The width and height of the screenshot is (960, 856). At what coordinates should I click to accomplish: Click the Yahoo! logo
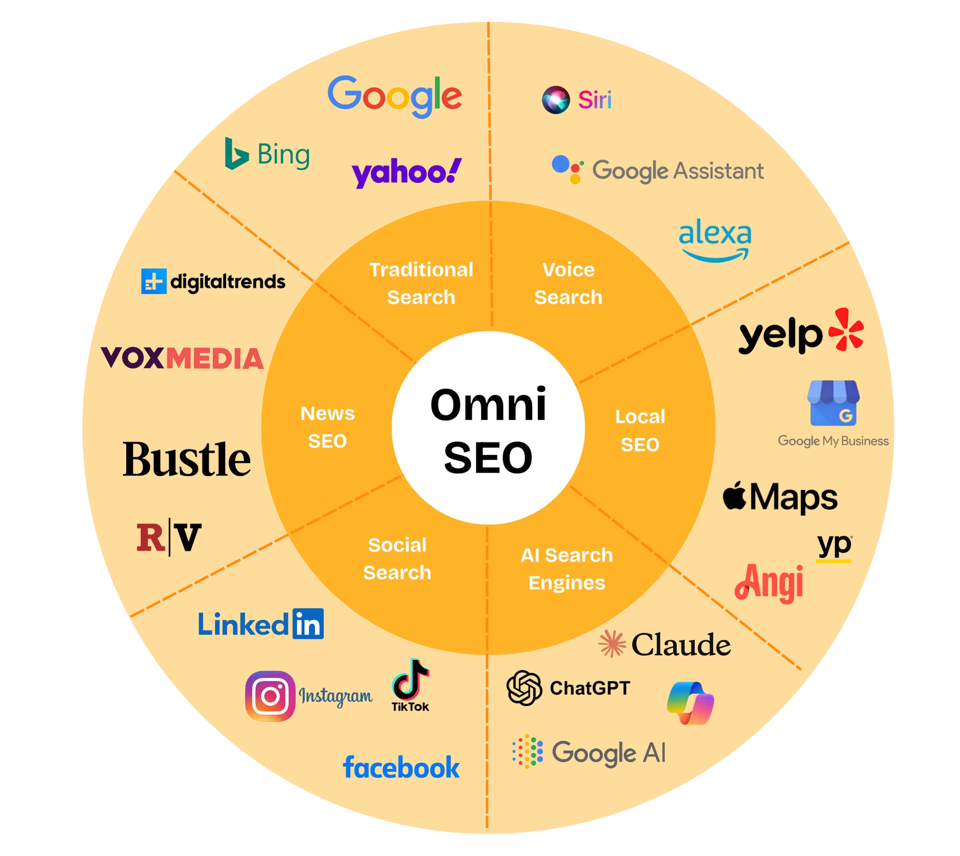406,173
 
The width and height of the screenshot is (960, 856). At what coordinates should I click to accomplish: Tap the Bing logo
267,154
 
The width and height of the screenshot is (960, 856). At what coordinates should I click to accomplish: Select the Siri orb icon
556,100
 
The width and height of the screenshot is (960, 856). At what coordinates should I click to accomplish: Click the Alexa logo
714,239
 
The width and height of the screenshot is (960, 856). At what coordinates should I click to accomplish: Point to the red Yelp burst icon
846,330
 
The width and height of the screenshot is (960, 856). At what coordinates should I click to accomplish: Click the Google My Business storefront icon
833,403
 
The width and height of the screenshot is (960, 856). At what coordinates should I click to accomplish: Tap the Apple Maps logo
780,497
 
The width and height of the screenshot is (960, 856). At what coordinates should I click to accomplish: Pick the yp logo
834,547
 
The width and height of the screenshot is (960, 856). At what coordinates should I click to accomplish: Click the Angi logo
769,583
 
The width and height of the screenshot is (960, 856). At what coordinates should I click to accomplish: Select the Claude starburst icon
612,644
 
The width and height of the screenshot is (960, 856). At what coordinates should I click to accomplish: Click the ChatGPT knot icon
524,688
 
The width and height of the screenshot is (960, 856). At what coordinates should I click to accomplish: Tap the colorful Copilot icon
691,703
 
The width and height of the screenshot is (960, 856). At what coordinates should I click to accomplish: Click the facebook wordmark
401,768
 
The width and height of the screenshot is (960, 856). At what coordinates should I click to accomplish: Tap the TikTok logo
410,685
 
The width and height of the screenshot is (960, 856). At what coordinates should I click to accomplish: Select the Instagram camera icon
270,696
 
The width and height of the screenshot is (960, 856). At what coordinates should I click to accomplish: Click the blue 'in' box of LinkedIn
308,624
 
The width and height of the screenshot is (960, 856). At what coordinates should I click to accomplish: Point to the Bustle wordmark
187,459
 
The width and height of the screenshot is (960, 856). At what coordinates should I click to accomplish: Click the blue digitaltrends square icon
153,281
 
